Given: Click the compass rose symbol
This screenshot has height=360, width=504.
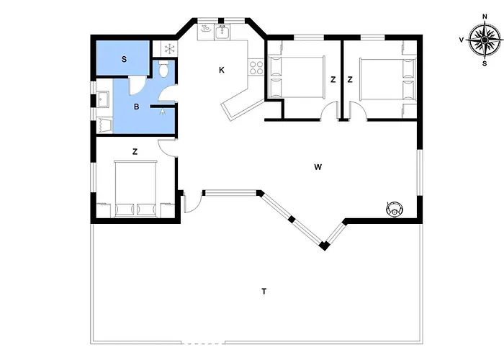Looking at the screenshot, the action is [x=485, y=40].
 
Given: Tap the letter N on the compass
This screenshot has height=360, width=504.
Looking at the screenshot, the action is [x=485, y=17].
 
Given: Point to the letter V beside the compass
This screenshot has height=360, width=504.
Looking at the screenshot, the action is [x=462, y=40].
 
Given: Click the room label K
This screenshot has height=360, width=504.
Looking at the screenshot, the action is [x=222, y=70].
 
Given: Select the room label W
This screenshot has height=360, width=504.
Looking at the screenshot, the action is [x=318, y=167].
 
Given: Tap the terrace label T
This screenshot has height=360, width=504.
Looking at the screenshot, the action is [x=264, y=292].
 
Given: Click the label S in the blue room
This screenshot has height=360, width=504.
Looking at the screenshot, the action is [x=124, y=60].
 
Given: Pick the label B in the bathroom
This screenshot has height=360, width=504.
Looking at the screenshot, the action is [x=136, y=107].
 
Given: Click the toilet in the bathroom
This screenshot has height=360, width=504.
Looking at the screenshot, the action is [x=163, y=68].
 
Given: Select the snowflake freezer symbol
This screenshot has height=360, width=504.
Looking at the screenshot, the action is [x=169, y=49].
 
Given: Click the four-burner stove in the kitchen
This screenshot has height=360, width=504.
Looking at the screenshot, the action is [x=256, y=67].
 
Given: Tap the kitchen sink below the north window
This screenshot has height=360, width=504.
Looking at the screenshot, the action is [x=222, y=32].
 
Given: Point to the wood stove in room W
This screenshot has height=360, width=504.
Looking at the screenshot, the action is [x=395, y=210].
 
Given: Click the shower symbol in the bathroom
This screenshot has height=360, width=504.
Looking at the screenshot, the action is [x=163, y=112].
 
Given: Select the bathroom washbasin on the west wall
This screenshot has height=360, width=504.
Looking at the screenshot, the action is [x=103, y=99].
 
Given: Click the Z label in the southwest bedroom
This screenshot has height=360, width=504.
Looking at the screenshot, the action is [x=135, y=151].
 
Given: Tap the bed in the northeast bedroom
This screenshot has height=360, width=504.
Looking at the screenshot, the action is [x=387, y=79].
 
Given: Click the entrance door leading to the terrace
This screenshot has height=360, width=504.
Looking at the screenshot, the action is [x=192, y=202].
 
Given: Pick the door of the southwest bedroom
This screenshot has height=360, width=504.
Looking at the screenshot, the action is [x=167, y=148].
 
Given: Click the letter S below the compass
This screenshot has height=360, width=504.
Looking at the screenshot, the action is [x=485, y=63].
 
